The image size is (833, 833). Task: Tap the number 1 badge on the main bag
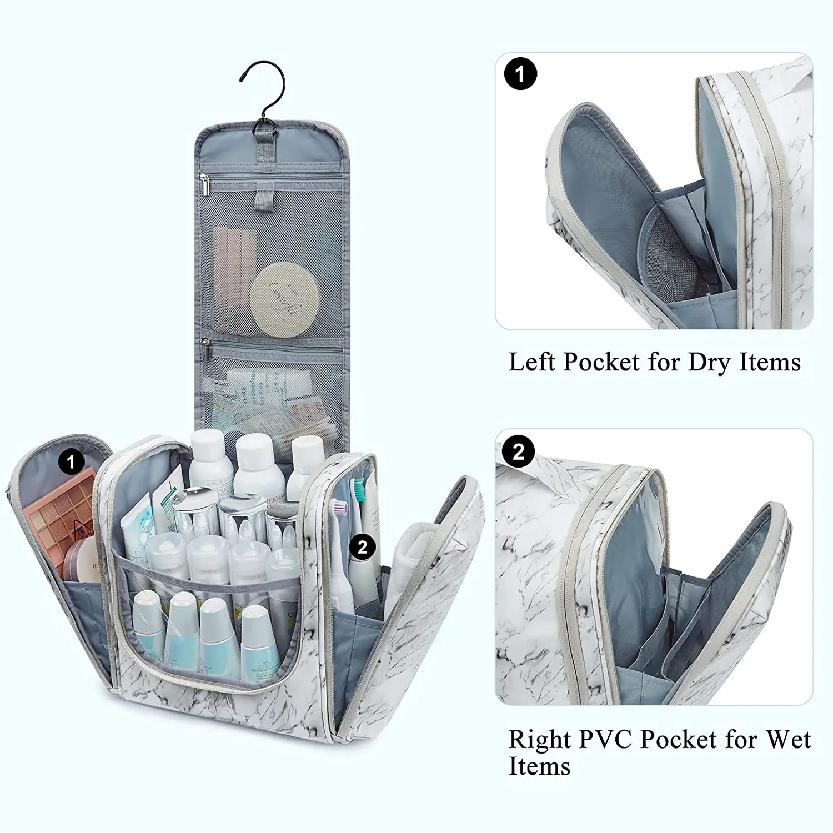click(x=71, y=462)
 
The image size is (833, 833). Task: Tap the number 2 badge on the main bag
click(x=363, y=547)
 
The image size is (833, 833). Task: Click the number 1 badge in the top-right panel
click(x=520, y=73)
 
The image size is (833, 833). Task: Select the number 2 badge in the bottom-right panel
click(x=518, y=452)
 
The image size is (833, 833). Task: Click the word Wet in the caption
click(x=789, y=740)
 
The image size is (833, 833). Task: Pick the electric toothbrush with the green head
click(x=359, y=533)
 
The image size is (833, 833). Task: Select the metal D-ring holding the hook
click(x=263, y=128)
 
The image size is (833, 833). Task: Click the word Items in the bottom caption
click(x=539, y=767)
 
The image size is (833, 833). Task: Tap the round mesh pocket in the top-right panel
click(x=669, y=261)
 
